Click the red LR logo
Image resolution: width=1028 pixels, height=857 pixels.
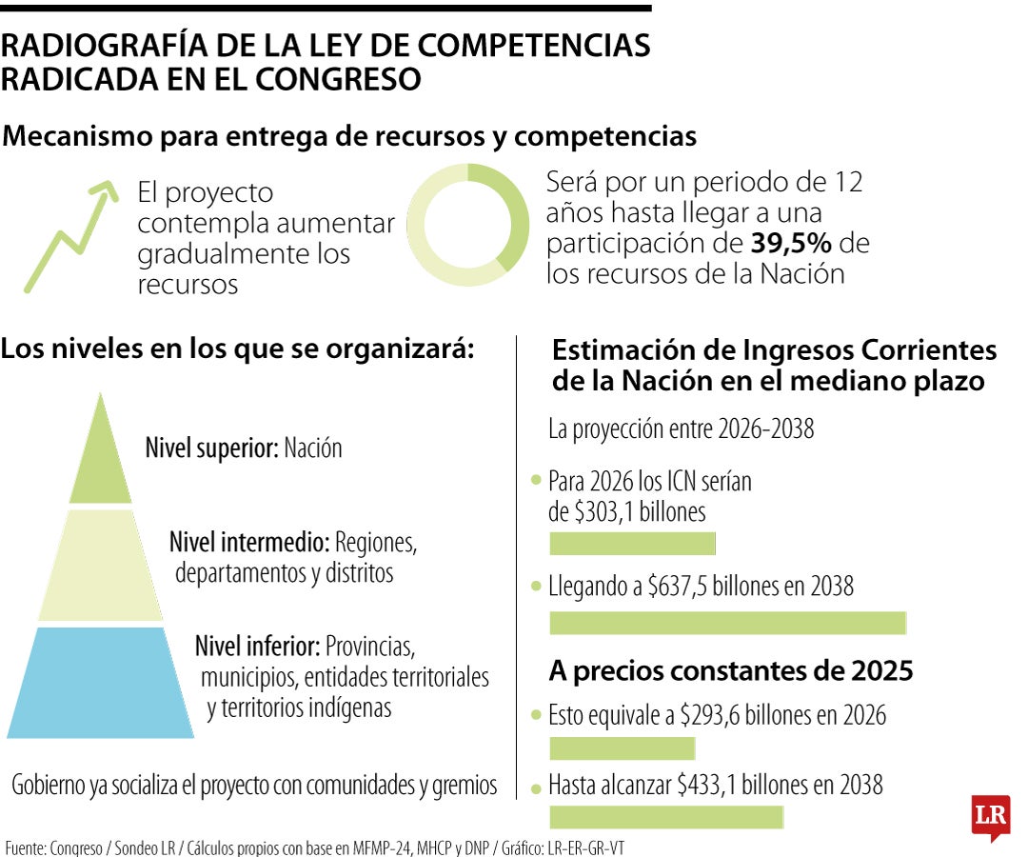(990, 816)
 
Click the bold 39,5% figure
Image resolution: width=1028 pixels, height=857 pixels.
(791, 243)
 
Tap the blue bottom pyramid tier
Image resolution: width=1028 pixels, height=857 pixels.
(99, 682)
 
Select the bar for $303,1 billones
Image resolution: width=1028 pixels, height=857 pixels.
(632, 544)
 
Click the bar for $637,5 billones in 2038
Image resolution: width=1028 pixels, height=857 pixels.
(728, 624)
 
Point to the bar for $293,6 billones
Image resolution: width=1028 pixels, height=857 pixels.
(623, 747)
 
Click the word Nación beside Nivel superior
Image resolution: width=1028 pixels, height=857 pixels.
(312, 448)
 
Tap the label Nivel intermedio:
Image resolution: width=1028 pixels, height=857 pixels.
(249, 544)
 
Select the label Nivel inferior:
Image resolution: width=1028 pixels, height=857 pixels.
(257, 647)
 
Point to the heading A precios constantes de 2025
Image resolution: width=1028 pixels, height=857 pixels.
(731, 671)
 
